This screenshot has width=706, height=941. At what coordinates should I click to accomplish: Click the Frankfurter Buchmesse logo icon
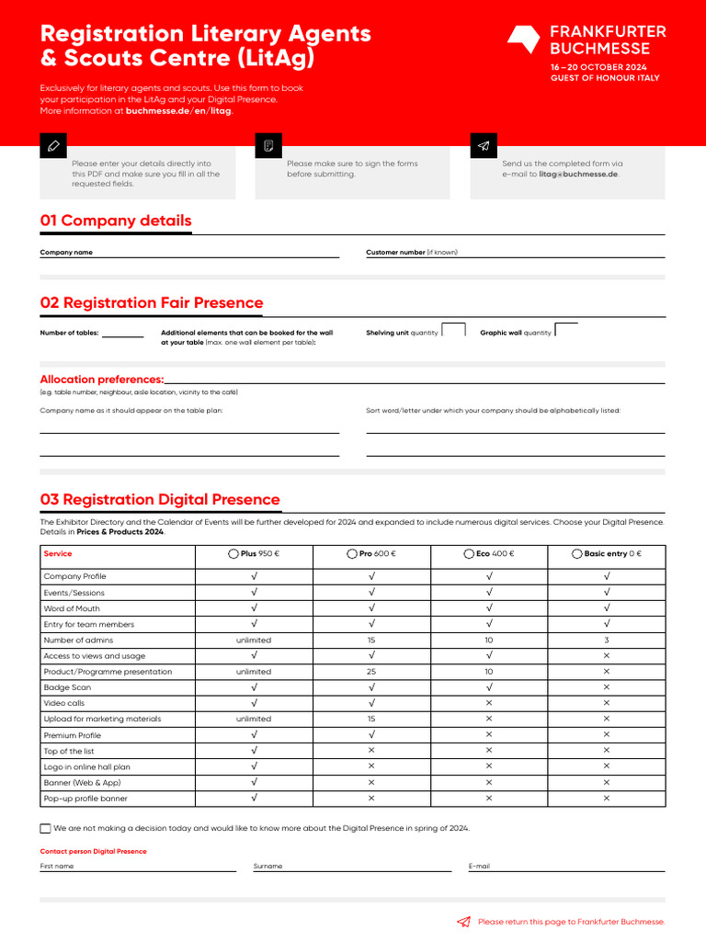tap(524, 40)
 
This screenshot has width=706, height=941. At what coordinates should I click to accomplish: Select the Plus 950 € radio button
tap(233, 554)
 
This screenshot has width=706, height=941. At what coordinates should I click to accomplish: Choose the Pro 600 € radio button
tap(352, 554)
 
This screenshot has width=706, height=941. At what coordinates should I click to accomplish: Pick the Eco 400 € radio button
tap(469, 554)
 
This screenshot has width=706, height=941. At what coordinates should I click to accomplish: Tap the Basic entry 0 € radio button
tap(576, 554)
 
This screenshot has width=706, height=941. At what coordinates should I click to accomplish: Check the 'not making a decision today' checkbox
tap(46, 828)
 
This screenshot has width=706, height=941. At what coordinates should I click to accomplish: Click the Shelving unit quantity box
tap(453, 330)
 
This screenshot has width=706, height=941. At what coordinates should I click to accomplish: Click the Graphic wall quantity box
tap(566, 330)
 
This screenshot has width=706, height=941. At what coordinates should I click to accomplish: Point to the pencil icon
tap(53, 145)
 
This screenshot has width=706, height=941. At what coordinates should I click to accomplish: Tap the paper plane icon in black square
tap(484, 145)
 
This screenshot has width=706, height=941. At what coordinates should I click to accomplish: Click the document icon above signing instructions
tap(268, 145)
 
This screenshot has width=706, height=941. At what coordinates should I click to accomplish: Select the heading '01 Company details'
tap(116, 221)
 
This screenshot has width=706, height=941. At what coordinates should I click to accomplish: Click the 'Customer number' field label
tap(395, 252)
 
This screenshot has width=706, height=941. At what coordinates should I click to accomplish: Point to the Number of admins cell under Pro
tap(371, 641)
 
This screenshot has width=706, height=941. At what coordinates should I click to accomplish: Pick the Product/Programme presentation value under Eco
tap(489, 672)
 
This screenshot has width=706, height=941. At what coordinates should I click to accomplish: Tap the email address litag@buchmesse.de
tap(578, 174)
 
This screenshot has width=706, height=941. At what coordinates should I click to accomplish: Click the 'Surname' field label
tap(268, 866)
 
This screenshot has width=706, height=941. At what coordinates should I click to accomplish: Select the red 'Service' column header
tap(58, 554)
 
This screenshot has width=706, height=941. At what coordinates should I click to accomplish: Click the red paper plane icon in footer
tap(464, 922)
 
